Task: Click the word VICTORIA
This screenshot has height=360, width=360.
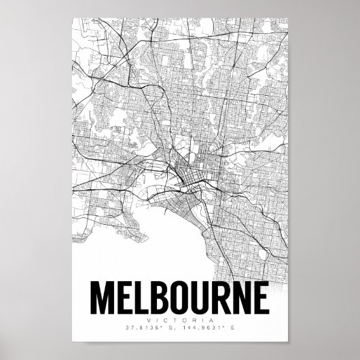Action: [180, 319]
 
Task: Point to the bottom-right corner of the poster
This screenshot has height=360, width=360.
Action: [288, 343]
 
